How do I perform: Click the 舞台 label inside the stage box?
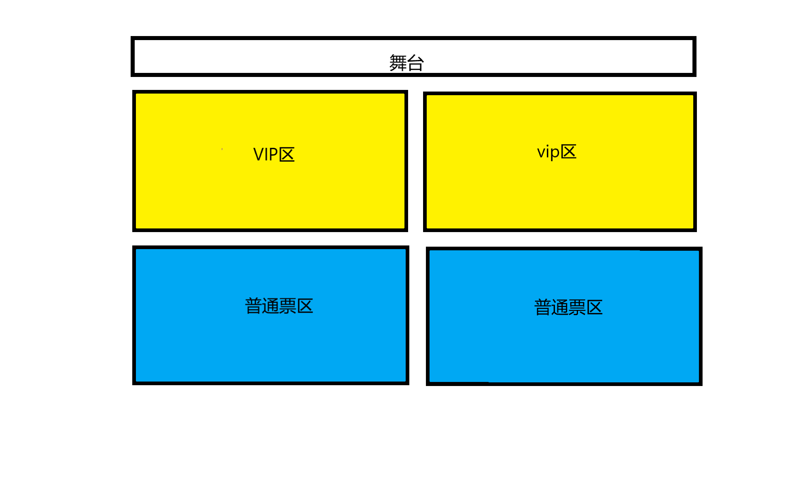pyautogui.click(x=406, y=63)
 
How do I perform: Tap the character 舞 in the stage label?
pyautogui.click(x=398, y=63)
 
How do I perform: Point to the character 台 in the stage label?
pyautogui.click(x=415, y=63)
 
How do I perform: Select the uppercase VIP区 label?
pyautogui.click(x=274, y=154)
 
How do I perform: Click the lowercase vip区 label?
pyautogui.click(x=557, y=152)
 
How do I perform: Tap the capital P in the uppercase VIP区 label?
pyautogui.click(x=273, y=154)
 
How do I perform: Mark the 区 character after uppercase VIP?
pyautogui.click(x=287, y=154)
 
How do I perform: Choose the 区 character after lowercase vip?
pyautogui.click(x=568, y=151)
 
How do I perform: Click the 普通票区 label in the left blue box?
pyautogui.click(x=279, y=306)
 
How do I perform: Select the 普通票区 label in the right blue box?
pyautogui.click(x=568, y=307)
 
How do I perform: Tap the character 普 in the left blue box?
pyautogui.click(x=254, y=306)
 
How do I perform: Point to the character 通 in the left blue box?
pyautogui.click(x=271, y=306)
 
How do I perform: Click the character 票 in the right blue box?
pyautogui.click(x=577, y=307)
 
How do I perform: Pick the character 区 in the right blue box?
pyautogui.click(x=595, y=307)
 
